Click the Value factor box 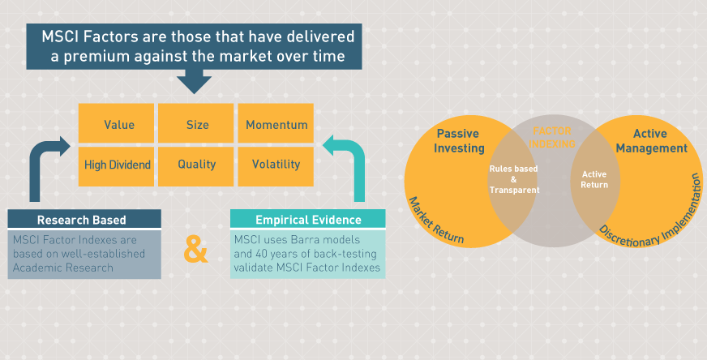pyautogui.click(x=118, y=125)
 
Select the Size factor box pyautogui.click(x=197, y=125)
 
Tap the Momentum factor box pyautogui.click(x=276, y=125)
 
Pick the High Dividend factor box pyautogui.click(x=118, y=165)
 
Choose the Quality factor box pyautogui.click(x=197, y=165)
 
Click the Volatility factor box pyautogui.click(x=276, y=165)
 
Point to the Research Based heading pyautogui.click(x=84, y=219)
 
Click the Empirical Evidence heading pyautogui.click(x=307, y=219)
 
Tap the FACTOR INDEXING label pyautogui.click(x=552, y=137)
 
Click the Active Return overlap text pyautogui.click(x=595, y=179)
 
